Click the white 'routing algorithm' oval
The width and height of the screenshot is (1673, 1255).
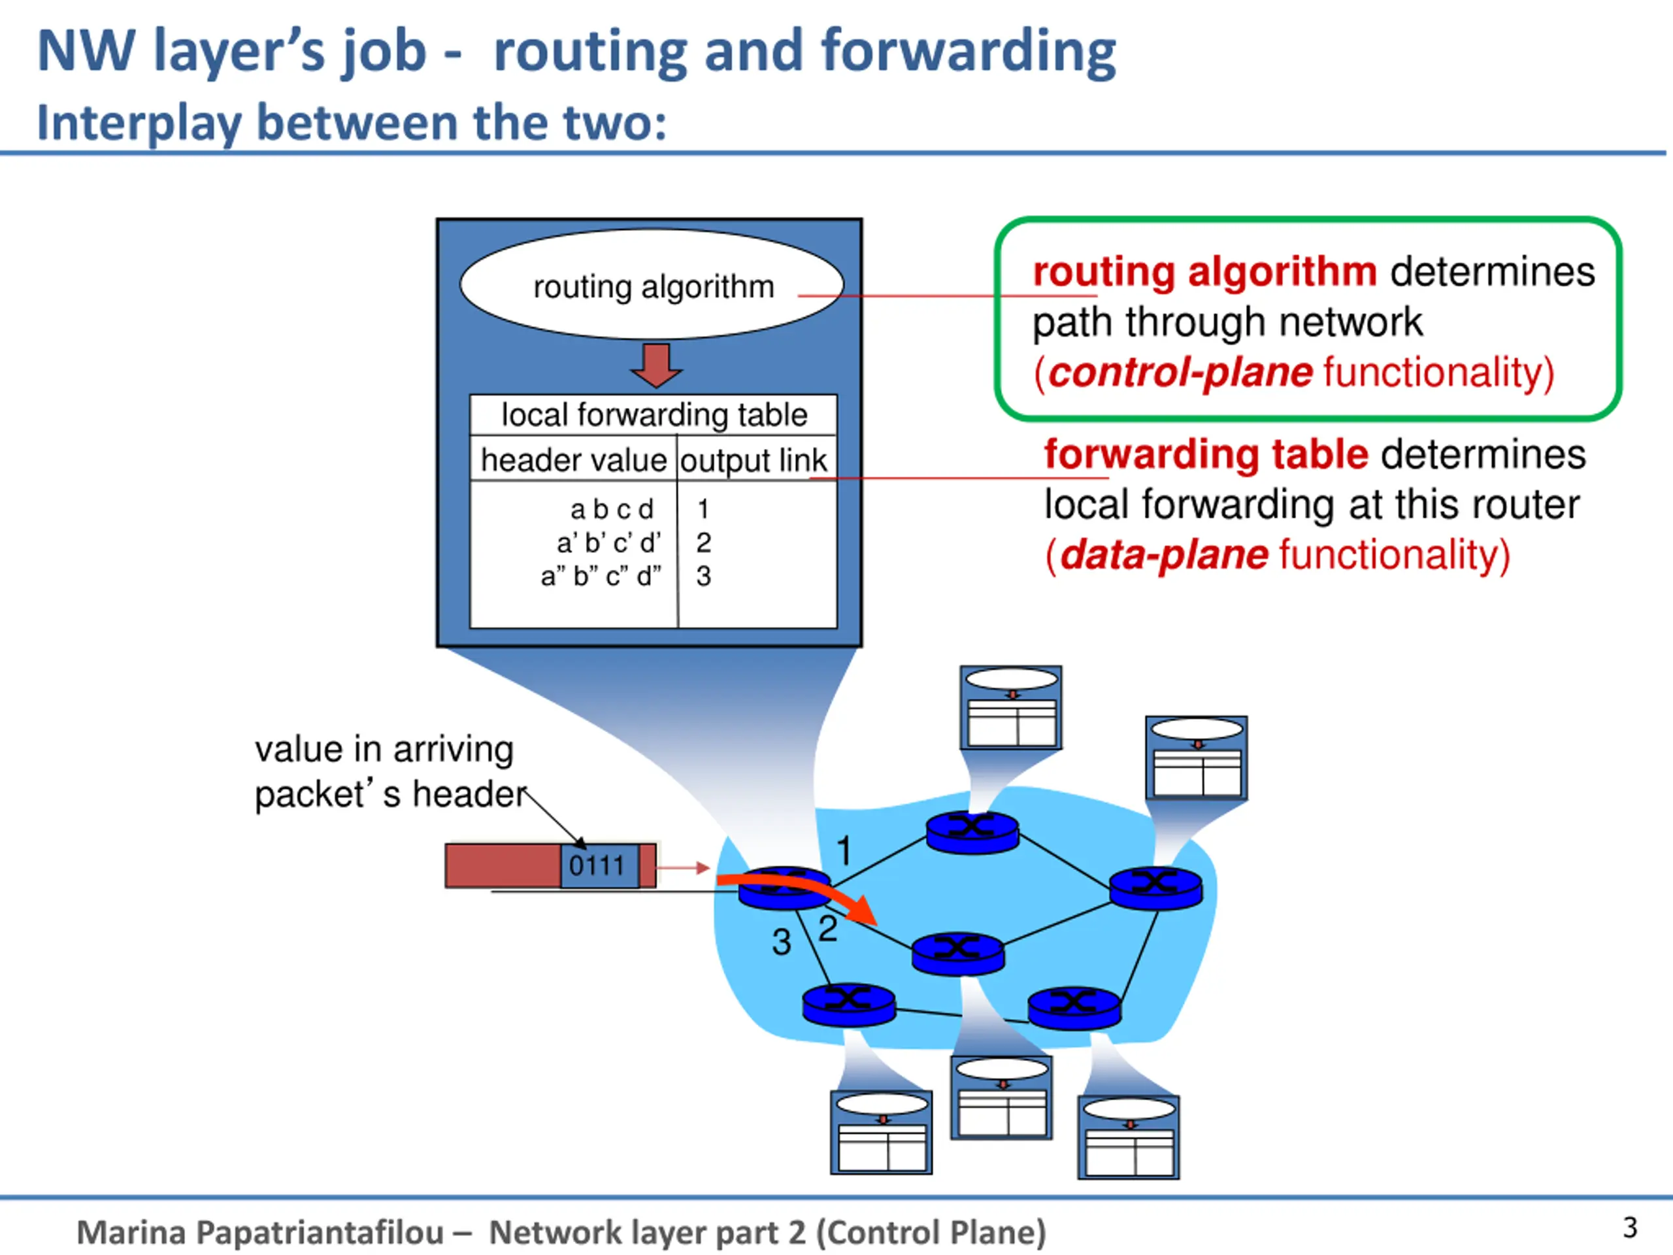tap(652, 284)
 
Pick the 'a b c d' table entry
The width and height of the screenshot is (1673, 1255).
tap(612, 509)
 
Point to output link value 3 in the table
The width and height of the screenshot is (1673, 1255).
tap(703, 577)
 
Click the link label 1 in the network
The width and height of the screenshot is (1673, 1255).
tap(844, 850)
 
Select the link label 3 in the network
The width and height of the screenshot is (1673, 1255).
tap(782, 943)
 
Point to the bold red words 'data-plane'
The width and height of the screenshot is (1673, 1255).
tap(1164, 554)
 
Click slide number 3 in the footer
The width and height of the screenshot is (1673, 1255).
tap(1630, 1227)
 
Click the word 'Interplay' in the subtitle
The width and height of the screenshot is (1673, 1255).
tap(139, 124)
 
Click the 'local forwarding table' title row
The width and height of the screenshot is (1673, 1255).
tap(654, 414)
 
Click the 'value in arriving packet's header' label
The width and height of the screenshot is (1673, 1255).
tap(391, 771)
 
